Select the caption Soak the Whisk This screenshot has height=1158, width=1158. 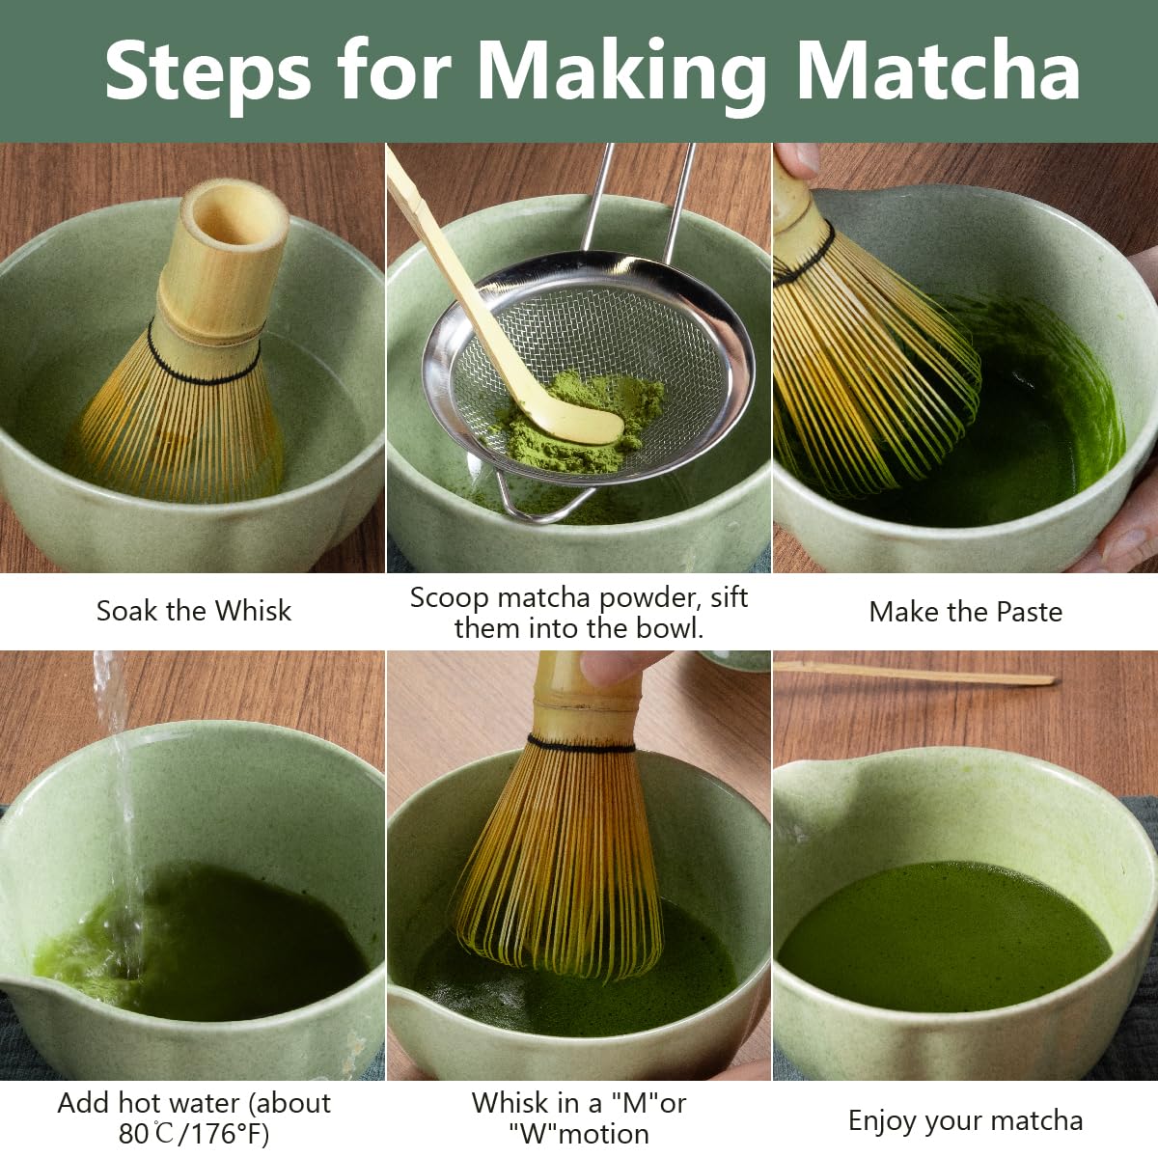[193, 611]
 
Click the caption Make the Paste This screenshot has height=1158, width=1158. [965, 612]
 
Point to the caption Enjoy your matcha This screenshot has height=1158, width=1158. [965, 1120]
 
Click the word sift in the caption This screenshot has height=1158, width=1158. [729, 597]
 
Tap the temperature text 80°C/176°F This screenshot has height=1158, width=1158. [193, 1134]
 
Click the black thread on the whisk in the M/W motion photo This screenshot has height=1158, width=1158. [581, 744]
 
